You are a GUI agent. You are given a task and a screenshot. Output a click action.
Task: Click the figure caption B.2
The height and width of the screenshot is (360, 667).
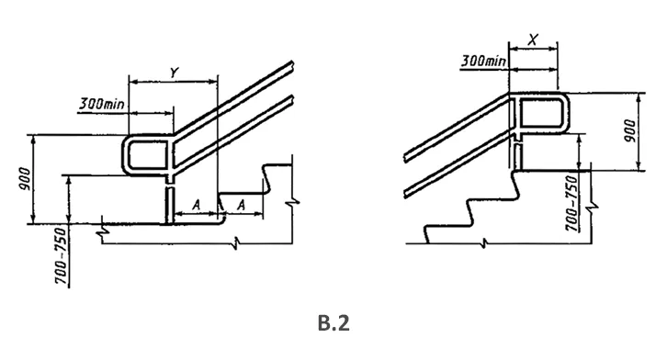(x=333, y=323)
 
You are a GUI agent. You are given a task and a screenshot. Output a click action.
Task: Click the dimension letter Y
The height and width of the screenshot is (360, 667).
(x=174, y=73)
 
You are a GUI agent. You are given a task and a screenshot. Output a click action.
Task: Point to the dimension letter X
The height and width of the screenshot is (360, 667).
(x=533, y=40)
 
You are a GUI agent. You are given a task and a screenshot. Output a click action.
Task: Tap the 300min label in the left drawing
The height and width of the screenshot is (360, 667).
(x=102, y=103)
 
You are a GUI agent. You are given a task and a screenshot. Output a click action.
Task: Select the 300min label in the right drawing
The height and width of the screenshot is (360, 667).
(x=483, y=61)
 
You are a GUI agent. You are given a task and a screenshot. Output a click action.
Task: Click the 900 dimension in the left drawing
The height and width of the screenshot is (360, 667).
(x=25, y=178)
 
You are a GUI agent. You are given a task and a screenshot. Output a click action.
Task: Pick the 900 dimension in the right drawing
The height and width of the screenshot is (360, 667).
(x=632, y=131)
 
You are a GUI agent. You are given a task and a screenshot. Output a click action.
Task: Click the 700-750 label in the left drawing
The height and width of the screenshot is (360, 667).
(x=62, y=256)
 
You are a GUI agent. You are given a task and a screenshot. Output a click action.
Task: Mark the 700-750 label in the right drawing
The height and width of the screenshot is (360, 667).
(x=572, y=203)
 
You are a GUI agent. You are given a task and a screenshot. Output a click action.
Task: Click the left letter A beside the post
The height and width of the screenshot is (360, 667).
(x=196, y=206)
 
